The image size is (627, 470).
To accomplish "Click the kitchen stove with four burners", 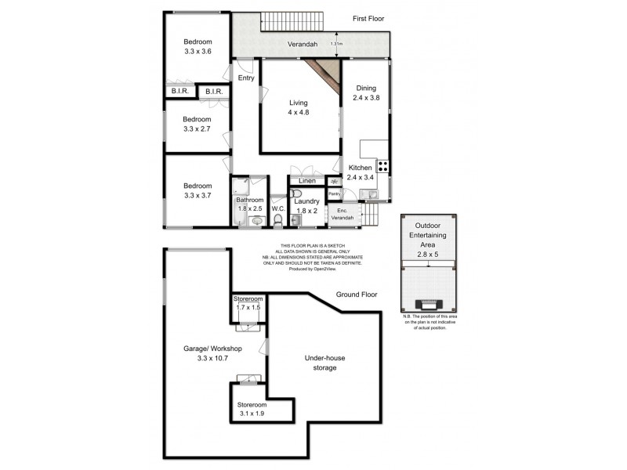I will (384, 166).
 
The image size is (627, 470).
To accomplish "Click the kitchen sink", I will (368, 194).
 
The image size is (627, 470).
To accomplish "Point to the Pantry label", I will (333, 193).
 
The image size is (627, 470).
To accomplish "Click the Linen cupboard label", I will (307, 181).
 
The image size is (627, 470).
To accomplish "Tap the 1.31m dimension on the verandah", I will (336, 44).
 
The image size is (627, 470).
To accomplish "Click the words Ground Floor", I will (357, 295).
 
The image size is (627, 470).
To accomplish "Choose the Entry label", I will (246, 78).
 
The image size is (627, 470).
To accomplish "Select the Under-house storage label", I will (325, 363).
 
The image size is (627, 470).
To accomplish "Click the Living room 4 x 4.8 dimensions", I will (298, 113).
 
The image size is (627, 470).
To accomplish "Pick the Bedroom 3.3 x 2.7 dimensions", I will (198, 129).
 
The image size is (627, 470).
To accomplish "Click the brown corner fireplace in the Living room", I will (323, 76).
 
